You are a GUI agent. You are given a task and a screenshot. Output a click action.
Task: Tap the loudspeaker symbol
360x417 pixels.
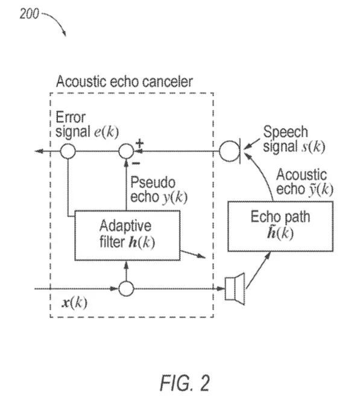pos(235,289)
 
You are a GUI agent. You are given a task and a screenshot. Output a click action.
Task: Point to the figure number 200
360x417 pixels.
pos(29,14)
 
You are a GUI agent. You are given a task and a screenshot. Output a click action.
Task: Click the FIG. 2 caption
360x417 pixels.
pos(185,383)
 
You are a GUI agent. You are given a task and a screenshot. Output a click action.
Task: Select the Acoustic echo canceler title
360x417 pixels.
pos(124,81)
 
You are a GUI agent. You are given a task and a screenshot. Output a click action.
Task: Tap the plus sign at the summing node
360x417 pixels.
pos(139,144)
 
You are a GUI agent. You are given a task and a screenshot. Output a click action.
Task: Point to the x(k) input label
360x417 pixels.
pos(74,302)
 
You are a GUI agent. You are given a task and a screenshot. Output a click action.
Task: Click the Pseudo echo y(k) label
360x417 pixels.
pos(159,190)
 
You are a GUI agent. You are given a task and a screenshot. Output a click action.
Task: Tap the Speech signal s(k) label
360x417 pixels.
pos(294,139)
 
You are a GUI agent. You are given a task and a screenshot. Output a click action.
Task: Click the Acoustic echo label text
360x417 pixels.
pos(305,182)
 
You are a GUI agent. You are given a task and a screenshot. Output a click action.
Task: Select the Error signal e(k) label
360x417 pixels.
pos(87,125)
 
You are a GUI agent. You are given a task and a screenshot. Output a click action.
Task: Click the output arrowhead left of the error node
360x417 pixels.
pos(39,151)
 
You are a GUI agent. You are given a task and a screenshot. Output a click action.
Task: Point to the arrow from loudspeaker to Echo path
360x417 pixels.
pos(258,270)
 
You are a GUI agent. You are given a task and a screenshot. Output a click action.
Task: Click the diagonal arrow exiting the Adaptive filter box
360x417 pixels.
pos(192,254)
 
